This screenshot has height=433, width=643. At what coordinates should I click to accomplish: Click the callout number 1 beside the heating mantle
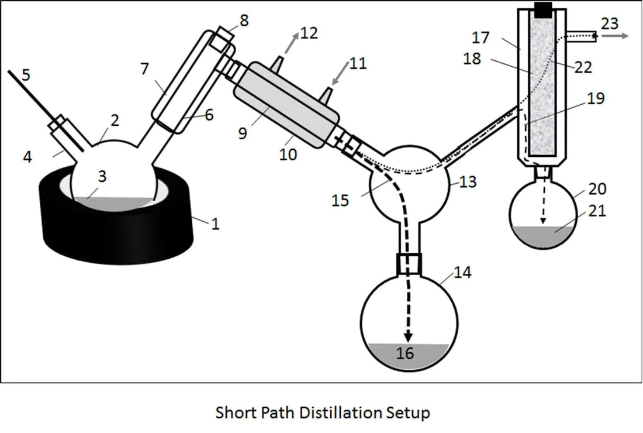click(x=216, y=224)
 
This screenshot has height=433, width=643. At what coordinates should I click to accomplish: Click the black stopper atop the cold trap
click(x=544, y=9)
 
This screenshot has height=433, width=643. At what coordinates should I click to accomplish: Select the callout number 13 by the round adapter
click(x=468, y=181)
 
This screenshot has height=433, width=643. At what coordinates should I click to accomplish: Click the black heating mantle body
click(x=117, y=234)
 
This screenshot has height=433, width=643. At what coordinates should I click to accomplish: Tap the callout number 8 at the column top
click(x=244, y=20)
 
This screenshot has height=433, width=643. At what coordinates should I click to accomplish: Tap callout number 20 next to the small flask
click(x=597, y=189)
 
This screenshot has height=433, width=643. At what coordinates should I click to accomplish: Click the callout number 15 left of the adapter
click(x=340, y=200)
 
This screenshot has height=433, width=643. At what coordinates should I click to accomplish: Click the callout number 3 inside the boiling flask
click(x=102, y=177)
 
